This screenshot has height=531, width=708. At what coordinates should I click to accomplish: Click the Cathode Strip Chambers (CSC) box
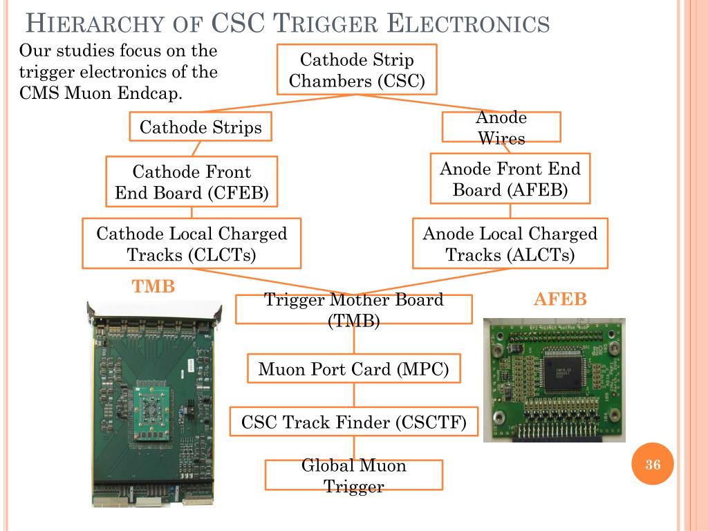356,70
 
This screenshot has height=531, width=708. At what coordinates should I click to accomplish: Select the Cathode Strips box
201,127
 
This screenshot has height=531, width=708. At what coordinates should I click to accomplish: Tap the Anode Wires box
501,127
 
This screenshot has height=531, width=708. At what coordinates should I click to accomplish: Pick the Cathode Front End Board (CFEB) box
192,181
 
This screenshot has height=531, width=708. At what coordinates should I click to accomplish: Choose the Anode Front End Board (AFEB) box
510,178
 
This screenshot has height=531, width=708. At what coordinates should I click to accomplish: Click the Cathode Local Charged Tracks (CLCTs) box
192,243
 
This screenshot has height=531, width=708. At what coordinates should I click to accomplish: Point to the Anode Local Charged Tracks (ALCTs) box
510,243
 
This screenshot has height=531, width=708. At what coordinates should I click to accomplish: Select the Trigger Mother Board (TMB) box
353,309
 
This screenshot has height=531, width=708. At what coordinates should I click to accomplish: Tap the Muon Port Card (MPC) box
353,369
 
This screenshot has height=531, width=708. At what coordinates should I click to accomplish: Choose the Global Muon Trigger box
353,475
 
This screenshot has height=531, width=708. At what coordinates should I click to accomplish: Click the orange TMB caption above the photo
153,286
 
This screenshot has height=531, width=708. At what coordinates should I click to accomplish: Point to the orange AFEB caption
560,299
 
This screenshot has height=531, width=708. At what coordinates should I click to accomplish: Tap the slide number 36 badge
653,465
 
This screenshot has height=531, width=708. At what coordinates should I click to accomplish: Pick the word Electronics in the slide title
467,25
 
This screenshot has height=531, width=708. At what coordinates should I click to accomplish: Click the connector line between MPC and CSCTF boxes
354,395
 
